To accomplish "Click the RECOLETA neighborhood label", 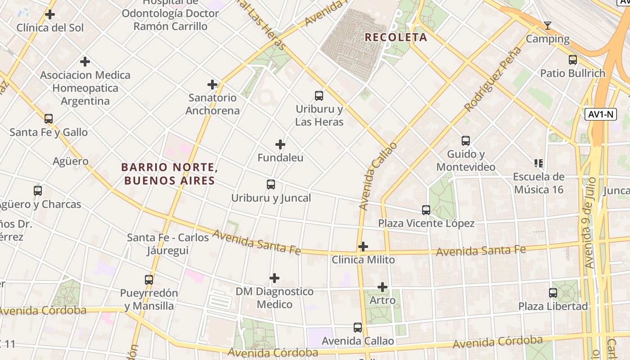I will (x=396, y=37).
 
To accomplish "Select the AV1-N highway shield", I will (x=600, y=114).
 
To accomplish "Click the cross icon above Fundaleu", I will (x=280, y=144).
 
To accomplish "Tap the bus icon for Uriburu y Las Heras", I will (x=319, y=96).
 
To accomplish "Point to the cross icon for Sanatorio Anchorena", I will (x=212, y=85).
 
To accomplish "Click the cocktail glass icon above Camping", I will (x=548, y=26).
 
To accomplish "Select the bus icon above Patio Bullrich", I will (x=573, y=60).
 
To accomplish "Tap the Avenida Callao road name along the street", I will (x=378, y=176).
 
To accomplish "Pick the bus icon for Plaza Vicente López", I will (x=426, y=210).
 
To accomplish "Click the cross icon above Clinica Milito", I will (x=363, y=247).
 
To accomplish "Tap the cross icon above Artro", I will (x=382, y=287).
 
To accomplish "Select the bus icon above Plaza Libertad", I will (x=553, y=293).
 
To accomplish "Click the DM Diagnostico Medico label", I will (x=274, y=298).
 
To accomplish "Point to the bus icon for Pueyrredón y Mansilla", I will (x=149, y=280).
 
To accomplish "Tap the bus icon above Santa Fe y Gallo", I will (x=49, y=119).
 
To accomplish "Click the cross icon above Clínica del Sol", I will (x=50, y=15).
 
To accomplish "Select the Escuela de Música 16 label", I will (x=539, y=183).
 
